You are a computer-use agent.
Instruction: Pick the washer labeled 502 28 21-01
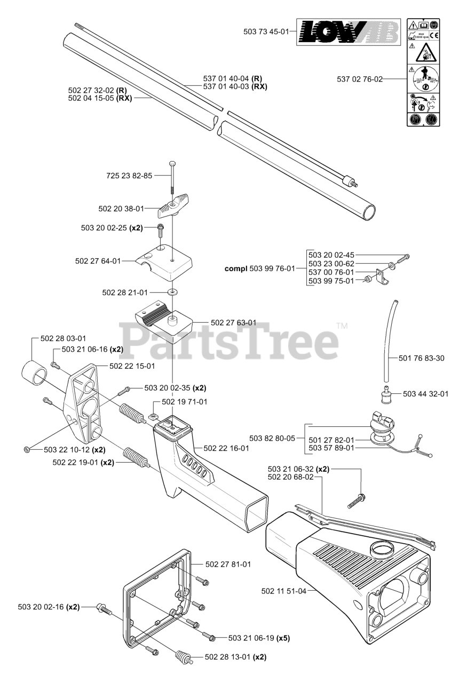[172, 292]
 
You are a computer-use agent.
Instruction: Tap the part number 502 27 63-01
[233, 323]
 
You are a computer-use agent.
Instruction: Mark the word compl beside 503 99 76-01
[236, 268]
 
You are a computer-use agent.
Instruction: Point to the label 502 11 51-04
[284, 591]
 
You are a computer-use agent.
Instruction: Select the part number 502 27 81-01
[228, 564]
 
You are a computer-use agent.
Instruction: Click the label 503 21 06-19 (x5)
[259, 638]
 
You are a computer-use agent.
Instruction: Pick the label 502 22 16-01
[226, 448]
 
